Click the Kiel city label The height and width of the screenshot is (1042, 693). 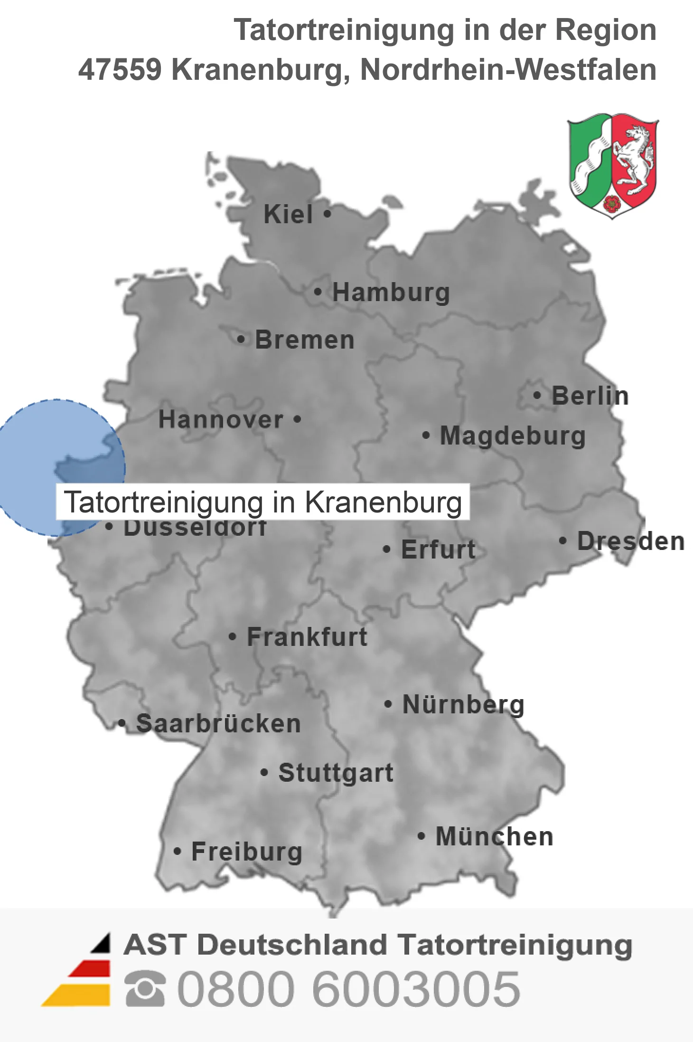288,214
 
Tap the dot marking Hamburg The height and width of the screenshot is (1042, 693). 318,292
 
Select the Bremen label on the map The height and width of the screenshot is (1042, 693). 305,340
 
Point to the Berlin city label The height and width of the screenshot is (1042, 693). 590,396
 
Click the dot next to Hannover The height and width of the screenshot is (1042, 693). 298,419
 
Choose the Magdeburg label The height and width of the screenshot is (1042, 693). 513,436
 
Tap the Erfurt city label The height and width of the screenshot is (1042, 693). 438,549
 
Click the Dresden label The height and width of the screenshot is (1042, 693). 631,541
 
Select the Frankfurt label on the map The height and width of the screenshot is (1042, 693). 307,637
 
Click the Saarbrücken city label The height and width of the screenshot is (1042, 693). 218,723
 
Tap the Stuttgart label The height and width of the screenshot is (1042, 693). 336,773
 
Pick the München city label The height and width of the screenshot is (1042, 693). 495,836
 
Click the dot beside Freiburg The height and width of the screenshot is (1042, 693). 177,851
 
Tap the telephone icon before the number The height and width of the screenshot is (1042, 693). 145,989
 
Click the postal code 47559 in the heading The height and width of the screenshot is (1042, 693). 120,69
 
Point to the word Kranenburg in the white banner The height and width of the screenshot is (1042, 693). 383,502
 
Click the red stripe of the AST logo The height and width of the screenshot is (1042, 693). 90,969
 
